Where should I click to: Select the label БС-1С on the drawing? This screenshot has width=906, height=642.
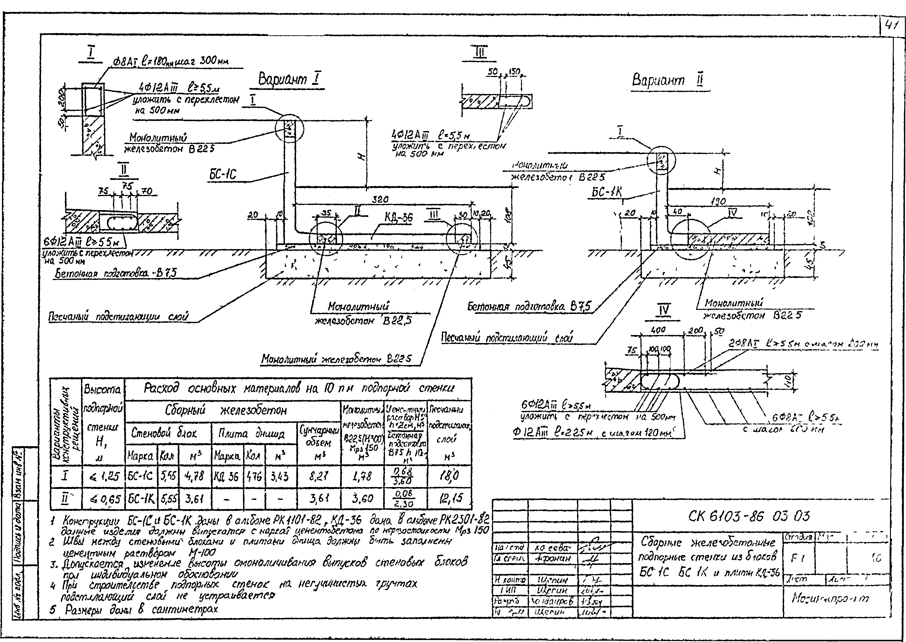223,174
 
